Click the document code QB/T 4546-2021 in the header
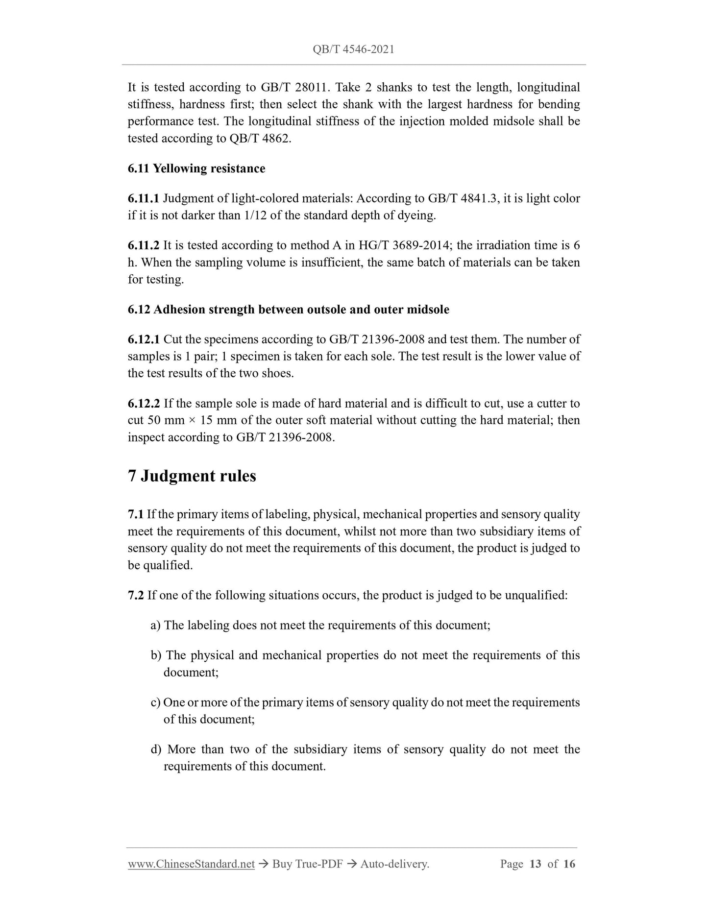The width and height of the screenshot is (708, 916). (x=353, y=49)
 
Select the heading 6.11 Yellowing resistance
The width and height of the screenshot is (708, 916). (x=196, y=169)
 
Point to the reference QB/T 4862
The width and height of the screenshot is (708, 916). (x=260, y=138)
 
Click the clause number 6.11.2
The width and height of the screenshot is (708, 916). (x=143, y=245)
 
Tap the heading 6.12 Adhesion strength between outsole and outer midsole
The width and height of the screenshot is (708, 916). (x=288, y=310)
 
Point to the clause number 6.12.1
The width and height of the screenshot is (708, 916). (x=143, y=339)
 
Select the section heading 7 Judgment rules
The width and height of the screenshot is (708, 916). (x=192, y=476)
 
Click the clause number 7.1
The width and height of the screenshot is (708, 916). (x=135, y=514)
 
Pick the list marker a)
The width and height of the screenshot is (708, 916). (x=156, y=626)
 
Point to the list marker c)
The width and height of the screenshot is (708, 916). (x=156, y=702)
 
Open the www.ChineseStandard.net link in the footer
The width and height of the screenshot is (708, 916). (x=191, y=864)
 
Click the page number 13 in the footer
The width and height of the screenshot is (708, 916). (x=536, y=864)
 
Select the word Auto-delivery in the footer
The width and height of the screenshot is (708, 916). (x=394, y=864)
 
